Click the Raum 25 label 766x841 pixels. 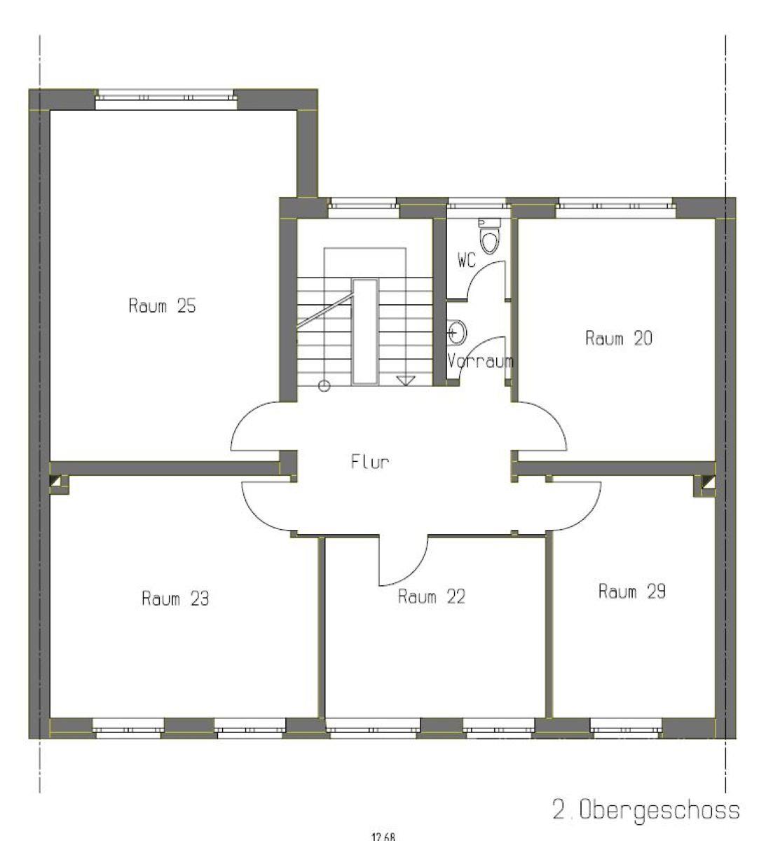162,306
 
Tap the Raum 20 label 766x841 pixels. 618,338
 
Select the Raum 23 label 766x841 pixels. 175,599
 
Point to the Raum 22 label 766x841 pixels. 432,596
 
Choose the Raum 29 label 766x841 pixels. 632,591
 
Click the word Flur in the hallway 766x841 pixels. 370,462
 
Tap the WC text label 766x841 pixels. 467,260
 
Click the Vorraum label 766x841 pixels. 480,361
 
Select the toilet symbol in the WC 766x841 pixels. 490,235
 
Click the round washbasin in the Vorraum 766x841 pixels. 457,332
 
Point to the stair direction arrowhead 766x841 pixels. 406,381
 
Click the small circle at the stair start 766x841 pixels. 324,385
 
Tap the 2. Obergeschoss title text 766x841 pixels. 646,810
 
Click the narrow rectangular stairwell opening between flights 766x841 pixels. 365,331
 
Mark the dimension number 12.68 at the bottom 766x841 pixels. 383,837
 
